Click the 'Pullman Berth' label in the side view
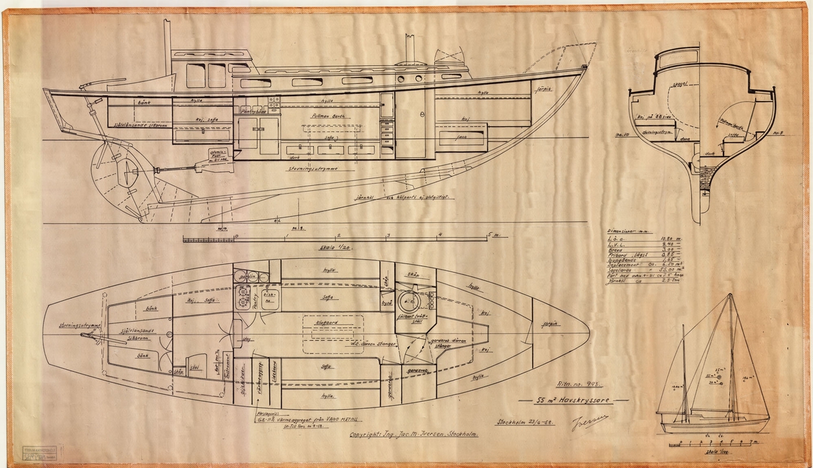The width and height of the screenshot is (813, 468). pos(327,116)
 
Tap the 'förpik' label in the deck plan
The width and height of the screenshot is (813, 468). pos(548,324)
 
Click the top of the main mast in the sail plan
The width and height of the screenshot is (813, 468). pos(729,295)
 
